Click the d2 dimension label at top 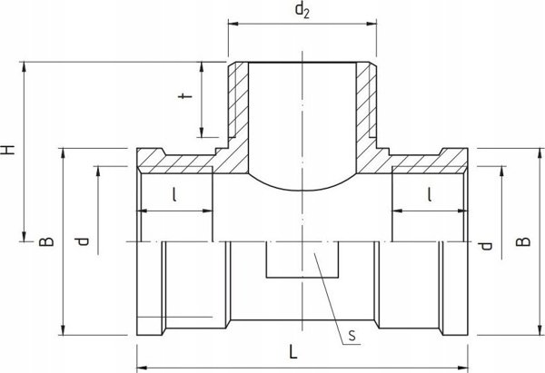(x=302, y=10)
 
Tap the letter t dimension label (x=185, y=96)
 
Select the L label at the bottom (x=293, y=352)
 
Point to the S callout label (x=352, y=336)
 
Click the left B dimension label (x=46, y=241)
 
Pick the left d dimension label (x=83, y=241)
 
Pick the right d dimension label (x=486, y=246)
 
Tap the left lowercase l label (x=174, y=194)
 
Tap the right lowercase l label (x=430, y=194)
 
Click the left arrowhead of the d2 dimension (x=233, y=24)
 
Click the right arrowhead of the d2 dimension (x=372, y=24)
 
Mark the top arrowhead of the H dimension (x=24, y=67)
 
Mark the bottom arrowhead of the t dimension (x=202, y=133)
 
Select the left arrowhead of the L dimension (x=142, y=367)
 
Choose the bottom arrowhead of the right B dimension (x=540, y=330)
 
